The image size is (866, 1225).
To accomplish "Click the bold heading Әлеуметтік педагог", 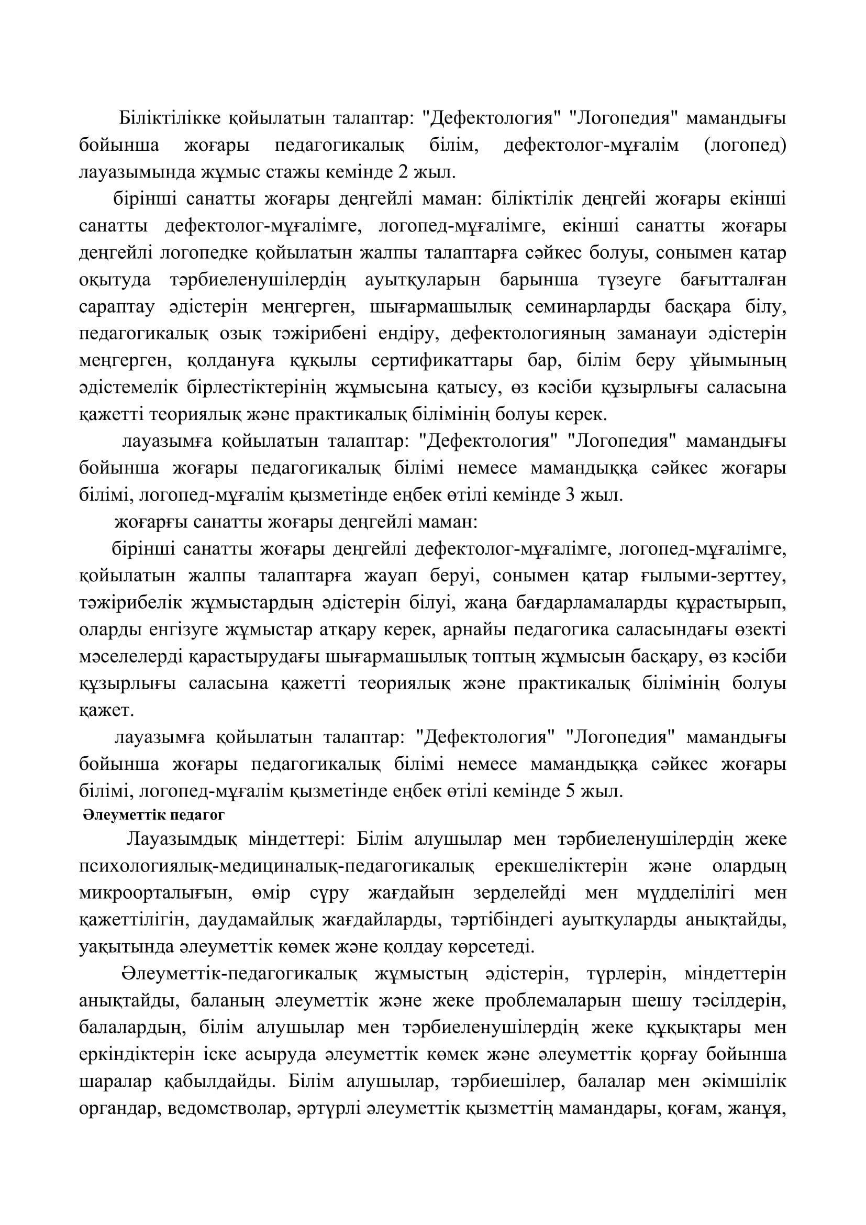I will pyautogui.click(x=153, y=815).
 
